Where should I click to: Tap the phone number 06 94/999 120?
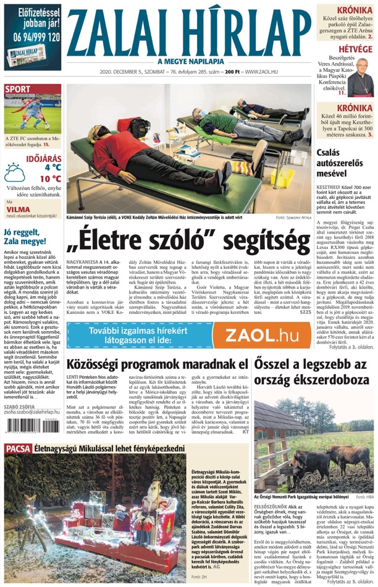tap(32, 37)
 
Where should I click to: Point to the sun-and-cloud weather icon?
tap(15, 172)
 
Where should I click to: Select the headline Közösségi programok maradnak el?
tap(157, 364)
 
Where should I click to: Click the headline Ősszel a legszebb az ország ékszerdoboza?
tap(314, 371)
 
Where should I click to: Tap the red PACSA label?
tap(17, 447)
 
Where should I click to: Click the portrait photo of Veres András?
tap(361, 77)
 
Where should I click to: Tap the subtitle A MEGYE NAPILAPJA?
tap(189, 61)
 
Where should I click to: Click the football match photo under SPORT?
tap(32, 116)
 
